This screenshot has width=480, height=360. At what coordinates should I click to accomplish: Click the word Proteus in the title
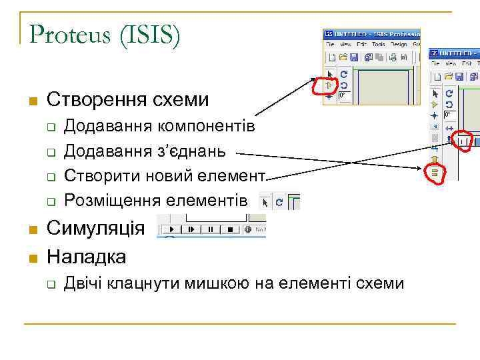click(x=71, y=35)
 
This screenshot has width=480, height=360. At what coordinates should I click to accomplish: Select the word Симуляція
click(x=95, y=229)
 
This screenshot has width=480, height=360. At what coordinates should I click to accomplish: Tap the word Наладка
click(x=86, y=257)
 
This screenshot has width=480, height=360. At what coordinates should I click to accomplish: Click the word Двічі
click(x=84, y=283)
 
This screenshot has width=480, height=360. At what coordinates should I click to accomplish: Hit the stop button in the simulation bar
click(x=231, y=230)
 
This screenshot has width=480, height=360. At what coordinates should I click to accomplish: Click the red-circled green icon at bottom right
click(x=434, y=173)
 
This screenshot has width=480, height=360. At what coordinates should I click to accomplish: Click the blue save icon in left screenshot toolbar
click(x=354, y=57)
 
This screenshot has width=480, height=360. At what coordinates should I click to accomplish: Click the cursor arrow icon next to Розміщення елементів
click(x=265, y=201)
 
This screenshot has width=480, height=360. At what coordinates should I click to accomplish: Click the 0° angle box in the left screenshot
click(x=344, y=96)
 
